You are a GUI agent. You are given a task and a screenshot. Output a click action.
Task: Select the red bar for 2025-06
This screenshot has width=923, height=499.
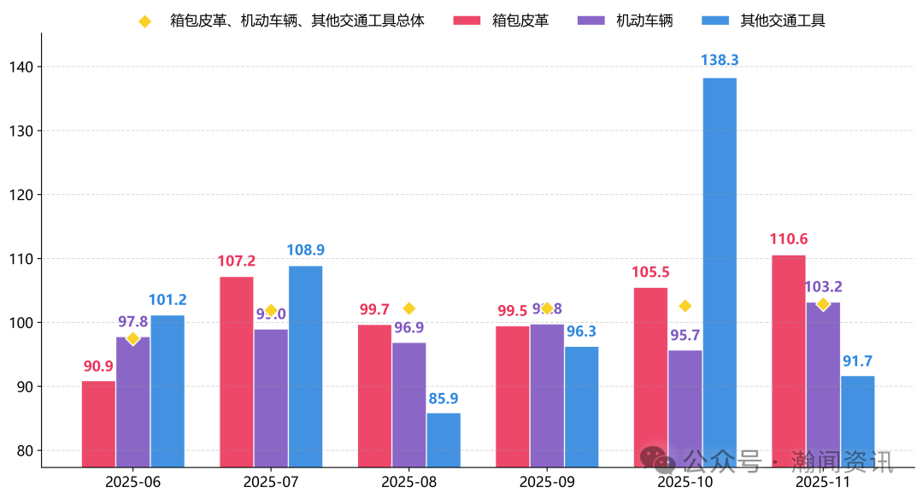coord(98,424)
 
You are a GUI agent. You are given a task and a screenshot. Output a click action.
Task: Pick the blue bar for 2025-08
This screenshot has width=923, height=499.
coord(443,440)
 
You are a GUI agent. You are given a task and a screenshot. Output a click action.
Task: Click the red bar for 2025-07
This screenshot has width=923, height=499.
coord(236,372)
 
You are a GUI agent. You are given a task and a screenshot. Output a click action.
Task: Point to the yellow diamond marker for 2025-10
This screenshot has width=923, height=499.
coord(685,306)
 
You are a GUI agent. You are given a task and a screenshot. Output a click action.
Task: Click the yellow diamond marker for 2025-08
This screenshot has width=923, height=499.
coord(409,308)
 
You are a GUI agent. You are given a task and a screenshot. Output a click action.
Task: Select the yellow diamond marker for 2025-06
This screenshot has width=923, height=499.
coord(132,338)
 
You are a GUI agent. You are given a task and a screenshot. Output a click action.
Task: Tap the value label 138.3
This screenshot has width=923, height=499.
coord(719,61)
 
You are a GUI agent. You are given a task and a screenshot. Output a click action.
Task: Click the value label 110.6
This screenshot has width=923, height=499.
coord(788,238)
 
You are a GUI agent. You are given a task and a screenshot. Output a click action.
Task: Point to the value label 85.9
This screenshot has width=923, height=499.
coord(443,397)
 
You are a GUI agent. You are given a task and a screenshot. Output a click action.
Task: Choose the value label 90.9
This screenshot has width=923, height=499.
coord(98,366)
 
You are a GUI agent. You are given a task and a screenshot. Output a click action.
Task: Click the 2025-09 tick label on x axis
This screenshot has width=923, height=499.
coord(547,481)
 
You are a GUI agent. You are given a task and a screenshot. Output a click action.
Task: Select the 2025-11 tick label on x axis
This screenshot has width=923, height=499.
coord(822,481)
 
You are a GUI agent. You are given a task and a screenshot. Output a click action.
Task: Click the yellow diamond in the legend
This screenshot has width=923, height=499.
coord(144,21)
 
